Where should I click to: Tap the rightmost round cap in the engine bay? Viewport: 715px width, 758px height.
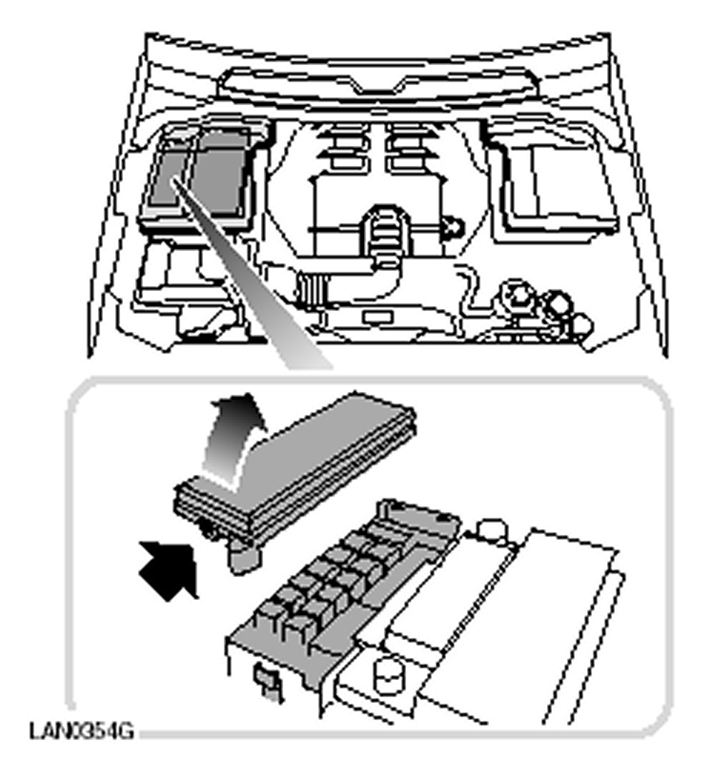tap(581, 325)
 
